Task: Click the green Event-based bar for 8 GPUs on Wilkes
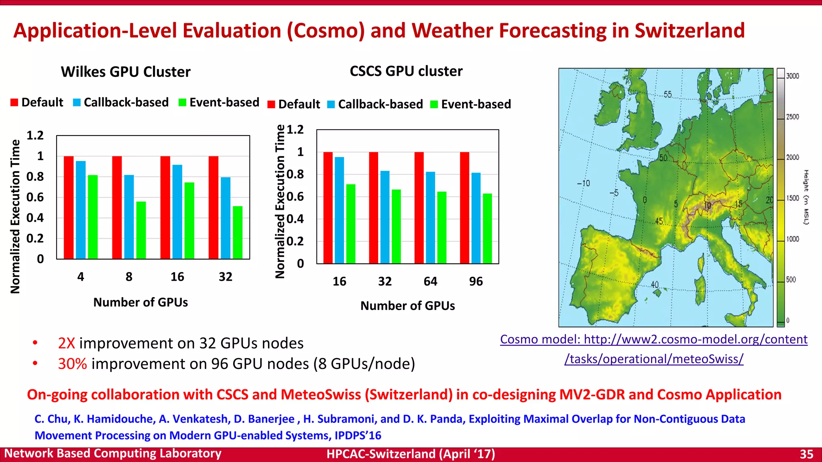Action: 141,230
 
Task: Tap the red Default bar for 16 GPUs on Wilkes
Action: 165,207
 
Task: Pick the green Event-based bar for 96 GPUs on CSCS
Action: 487,228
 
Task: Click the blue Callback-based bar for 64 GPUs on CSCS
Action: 430,217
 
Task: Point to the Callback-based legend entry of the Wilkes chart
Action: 121,102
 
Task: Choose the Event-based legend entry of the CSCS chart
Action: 471,104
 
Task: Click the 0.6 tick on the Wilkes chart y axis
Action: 35,197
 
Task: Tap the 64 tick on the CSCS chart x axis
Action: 430,282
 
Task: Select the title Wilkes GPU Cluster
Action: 126,72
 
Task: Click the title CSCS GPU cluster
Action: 406,71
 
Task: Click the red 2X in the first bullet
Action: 67,343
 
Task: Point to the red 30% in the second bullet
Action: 72,364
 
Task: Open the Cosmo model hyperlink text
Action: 653,340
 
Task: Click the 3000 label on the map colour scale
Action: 792,76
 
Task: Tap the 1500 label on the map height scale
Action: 792,198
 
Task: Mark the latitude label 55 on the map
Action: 667,95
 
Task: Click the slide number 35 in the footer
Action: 806,454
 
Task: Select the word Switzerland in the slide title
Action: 690,30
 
